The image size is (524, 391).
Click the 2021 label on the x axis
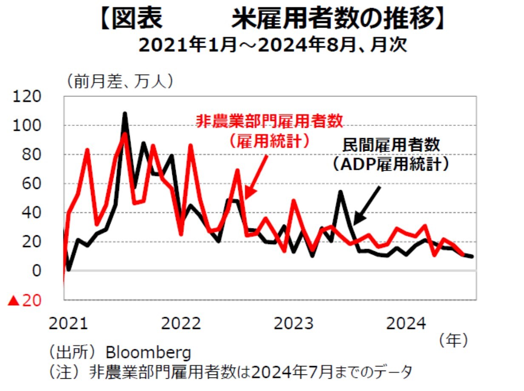[x=68, y=323]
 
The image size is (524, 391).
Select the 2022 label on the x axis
[x=181, y=323]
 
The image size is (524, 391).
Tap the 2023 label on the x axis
[x=294, y=323]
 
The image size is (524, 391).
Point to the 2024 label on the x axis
[x=406, y=323]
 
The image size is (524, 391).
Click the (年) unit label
[x=453, y=340]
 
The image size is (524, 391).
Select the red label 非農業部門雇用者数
[x=269, y=122]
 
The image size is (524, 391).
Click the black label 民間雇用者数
[x=391, y=145]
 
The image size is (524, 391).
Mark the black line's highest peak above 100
[x=125, y=114]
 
